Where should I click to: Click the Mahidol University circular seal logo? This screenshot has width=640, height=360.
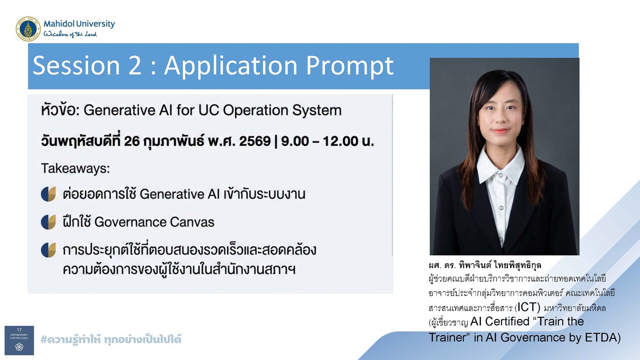click(28, 29)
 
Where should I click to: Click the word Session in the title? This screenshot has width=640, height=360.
click(76, 66)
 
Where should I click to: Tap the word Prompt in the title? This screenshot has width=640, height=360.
click(350, 66)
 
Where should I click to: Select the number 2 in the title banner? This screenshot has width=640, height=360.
click(135, 66)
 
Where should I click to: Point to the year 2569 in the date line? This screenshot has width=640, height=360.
click(255, 141)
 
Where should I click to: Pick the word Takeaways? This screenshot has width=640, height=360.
click(75, 168)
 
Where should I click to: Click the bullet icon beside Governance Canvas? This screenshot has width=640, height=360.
click(48, 222)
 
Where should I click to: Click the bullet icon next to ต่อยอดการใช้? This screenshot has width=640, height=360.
click(48, 194)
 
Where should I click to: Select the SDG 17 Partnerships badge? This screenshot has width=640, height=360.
click(19, 340)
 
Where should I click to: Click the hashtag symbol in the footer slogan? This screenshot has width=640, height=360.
click(44, 339)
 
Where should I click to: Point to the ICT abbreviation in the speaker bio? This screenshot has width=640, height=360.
click(529, 307)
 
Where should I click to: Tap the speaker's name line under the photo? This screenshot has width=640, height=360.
click(485, 265)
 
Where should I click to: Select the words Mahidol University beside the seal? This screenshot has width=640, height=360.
click(79, 24)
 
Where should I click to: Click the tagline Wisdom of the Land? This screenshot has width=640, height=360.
click(70, 34)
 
